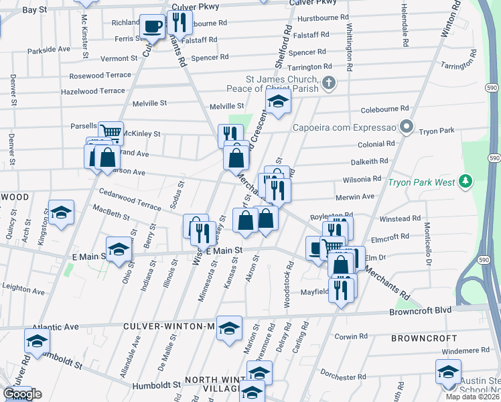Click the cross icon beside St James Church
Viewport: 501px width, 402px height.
(328, 83)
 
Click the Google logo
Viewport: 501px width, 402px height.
(22, 393)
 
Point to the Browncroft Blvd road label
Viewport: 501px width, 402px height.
(421, 312)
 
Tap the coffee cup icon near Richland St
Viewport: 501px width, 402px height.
(153, 27)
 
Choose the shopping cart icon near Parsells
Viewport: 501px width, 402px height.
(111, 132)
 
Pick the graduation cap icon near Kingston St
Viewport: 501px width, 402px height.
(61, 213)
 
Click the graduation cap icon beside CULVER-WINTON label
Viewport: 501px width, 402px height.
(229, 328)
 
